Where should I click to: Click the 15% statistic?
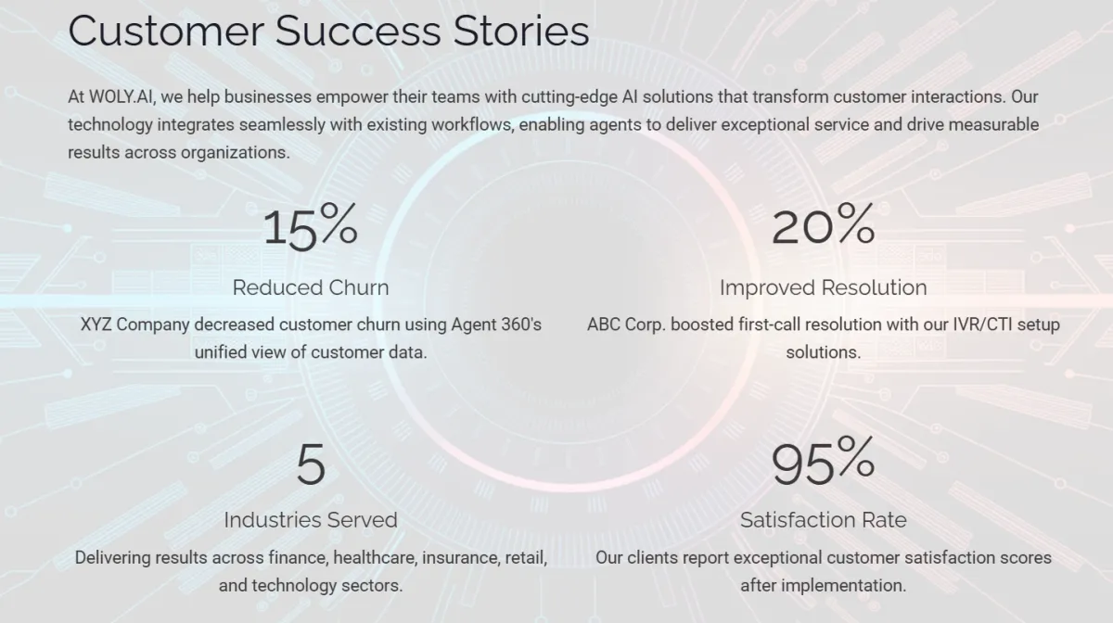(311, 226)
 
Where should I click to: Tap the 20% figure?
(824, 224)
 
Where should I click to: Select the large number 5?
(311, 464)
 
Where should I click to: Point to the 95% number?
(823, 461)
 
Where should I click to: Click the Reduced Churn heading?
(311, 287)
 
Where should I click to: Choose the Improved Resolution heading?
(824, 287)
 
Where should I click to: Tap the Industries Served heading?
(311, 520)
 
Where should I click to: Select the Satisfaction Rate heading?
(824, 520)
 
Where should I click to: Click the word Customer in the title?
(166, 31)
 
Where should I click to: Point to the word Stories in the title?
(521, 31)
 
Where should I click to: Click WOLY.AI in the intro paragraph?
(122, 96)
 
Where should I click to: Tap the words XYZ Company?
(135, 324)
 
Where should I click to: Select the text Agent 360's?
(496, 324)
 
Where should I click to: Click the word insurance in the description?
(461, 558)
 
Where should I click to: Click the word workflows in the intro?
(472, 125)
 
